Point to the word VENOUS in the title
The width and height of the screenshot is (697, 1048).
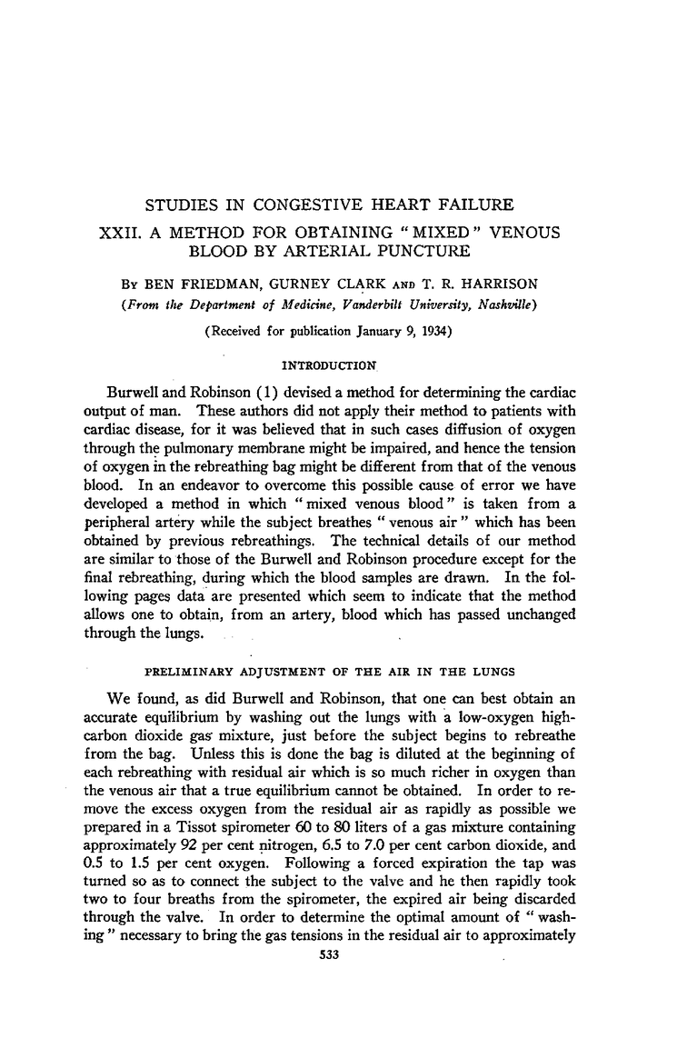tap(527, 234)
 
